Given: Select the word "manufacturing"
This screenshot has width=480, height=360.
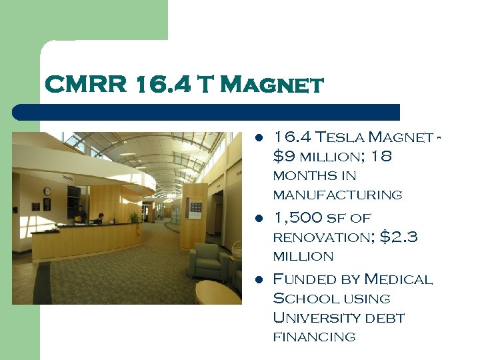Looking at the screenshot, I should (x=337, y=195).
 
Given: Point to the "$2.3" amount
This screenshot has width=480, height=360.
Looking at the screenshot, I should (x=399, y=237).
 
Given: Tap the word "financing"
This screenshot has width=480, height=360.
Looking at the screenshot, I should (x=314, y=337).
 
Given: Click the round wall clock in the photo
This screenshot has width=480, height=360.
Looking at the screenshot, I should (x=47, y=191).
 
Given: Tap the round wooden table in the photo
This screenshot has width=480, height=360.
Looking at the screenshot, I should (x=217, y=291).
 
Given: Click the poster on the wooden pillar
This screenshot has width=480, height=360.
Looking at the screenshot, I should (x=195, y=209).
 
